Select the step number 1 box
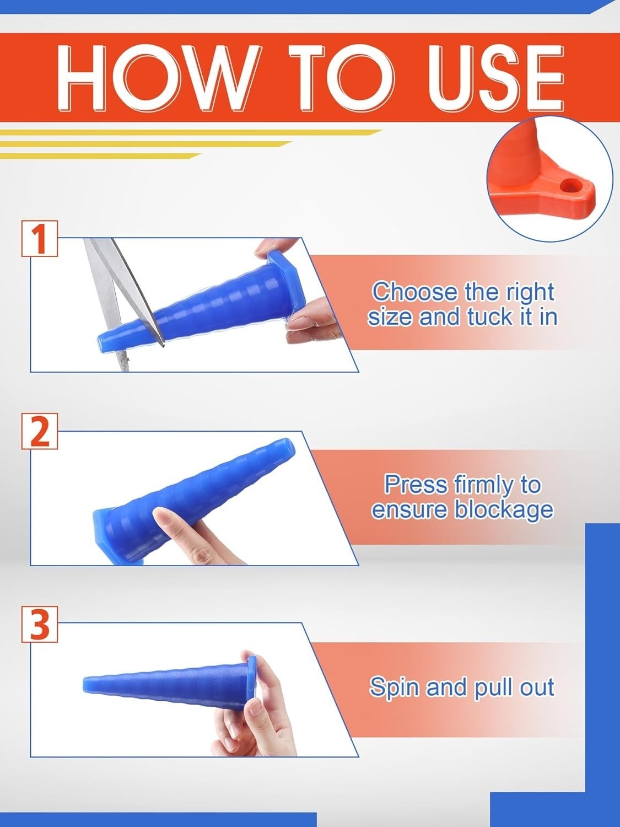(40, 239)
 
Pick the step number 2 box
(40, 431)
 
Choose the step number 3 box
(40, 624)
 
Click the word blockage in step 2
(504, 510)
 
